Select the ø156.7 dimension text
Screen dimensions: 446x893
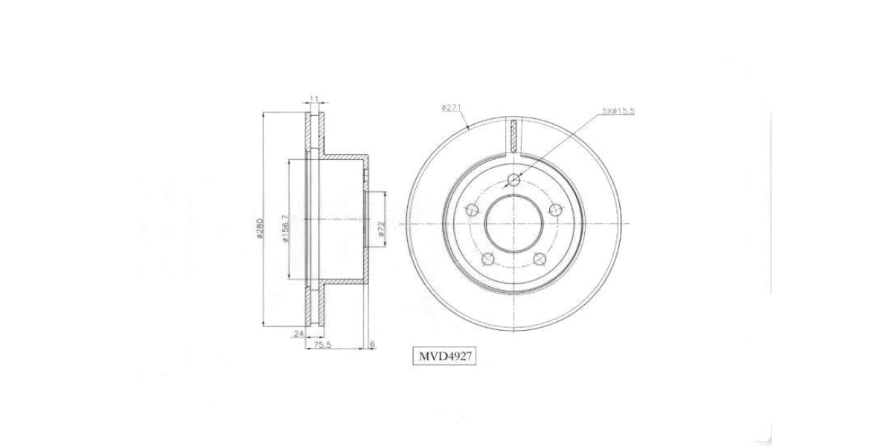[x=286, y=229]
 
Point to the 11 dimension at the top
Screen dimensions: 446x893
[x=314, y=99]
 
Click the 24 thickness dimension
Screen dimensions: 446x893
[x=299, y=334]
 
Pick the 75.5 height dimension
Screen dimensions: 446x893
[x=321, y=346]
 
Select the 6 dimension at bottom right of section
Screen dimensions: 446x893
[x=371, y=345]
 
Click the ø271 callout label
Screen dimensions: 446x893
[x=452, y=108]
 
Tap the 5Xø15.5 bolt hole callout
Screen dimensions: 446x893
[x=618, y=111]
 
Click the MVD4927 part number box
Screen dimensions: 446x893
[x=444, y=357]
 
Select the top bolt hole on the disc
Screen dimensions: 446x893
[x=513, y=180]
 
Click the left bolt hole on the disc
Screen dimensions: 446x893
[x=471, y=210]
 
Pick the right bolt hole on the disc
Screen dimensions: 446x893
[x=555, y=210]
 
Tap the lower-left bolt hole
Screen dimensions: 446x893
[x=487, y=259]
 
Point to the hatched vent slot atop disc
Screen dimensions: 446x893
[x=513, y=136]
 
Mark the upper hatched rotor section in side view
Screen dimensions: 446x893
[x=314, y=138]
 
